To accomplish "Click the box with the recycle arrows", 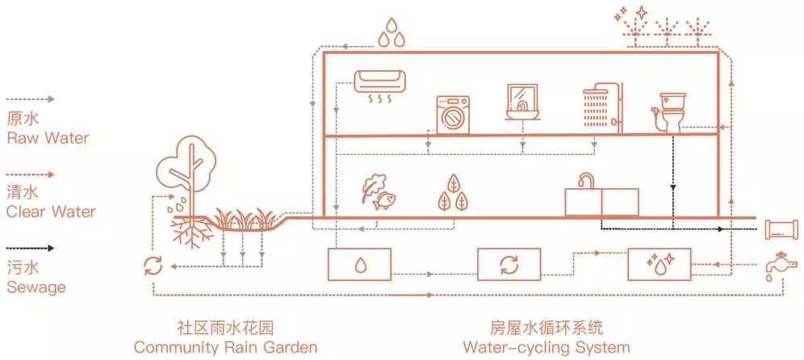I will [509, 263].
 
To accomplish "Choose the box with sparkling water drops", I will [660, 263].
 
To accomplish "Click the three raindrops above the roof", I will [393, 34].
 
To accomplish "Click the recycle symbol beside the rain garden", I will [151, 265].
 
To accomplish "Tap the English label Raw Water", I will [48, 137].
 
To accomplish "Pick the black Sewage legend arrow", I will [30, 249].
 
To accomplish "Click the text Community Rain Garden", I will [225, 348].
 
